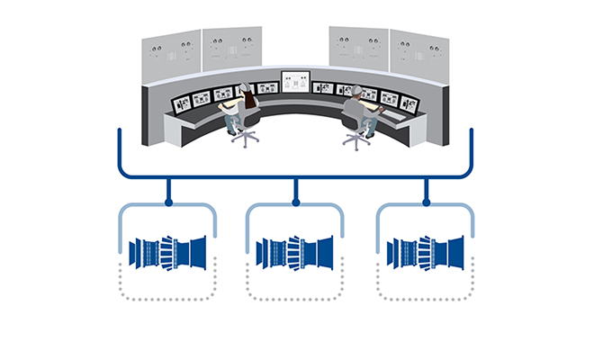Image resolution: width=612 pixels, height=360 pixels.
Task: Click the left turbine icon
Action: pos(168,252)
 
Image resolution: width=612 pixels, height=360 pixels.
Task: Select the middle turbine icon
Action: pos(296,252)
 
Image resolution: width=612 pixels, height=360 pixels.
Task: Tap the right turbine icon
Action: pos(426,252)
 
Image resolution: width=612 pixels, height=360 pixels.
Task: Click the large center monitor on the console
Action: pos(295,82)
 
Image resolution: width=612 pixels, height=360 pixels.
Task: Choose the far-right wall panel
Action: pos(418,56)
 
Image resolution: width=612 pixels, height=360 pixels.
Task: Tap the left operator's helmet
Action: pos(244,87)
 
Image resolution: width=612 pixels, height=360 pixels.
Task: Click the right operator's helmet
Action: pos(357,90)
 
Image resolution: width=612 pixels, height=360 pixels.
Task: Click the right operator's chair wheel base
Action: pos(357,141)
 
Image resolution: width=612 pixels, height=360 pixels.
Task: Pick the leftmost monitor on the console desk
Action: pos(183,103)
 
